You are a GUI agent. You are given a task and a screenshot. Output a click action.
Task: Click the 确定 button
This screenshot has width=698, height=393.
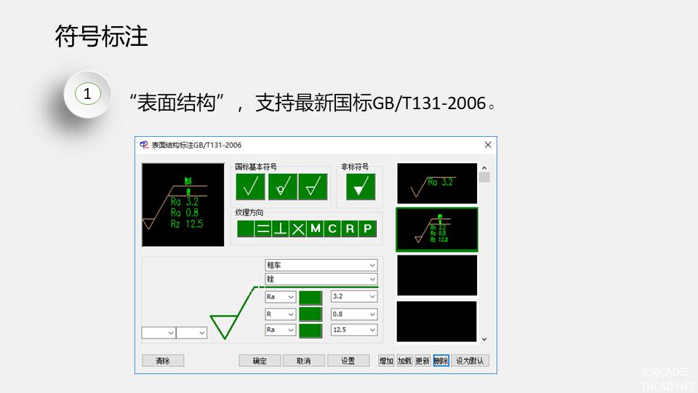coord(260,360)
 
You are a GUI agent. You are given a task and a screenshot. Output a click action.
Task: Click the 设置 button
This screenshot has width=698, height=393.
coord(348,360)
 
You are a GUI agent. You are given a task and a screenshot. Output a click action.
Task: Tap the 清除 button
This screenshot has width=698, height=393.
coord(163,360)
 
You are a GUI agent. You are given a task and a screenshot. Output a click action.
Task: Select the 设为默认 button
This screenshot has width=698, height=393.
coord(470,360)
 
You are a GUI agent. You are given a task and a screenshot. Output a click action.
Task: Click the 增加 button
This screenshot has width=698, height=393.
coord(385,360)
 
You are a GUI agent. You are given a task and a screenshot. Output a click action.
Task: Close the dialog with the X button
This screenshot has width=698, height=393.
coord(488,145)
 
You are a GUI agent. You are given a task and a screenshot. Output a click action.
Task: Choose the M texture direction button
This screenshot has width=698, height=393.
coord(315,229)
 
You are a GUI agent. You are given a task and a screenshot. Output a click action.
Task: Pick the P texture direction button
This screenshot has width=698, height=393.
coord(367,229)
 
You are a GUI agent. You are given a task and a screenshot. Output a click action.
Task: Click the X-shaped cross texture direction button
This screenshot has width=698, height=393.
coord(297,229)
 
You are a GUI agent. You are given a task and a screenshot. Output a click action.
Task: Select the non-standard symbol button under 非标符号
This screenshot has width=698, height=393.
coord(360,187)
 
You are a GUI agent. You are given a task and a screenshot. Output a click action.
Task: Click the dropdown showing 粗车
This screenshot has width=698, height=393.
coord(321,266)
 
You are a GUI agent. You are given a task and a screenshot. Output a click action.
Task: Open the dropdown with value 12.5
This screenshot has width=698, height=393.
coord(354,330)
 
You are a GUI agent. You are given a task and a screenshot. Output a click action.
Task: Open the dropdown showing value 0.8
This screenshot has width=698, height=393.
coord(354,314)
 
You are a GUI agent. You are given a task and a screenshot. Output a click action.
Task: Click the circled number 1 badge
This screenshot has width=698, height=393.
coord(87,94)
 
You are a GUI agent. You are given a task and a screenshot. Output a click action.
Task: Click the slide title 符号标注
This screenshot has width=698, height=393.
coord(101,36)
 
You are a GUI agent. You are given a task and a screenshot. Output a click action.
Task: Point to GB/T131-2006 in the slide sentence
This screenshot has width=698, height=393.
coord(428,103)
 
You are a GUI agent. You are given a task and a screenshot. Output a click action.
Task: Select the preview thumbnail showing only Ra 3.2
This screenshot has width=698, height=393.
coord(436,183)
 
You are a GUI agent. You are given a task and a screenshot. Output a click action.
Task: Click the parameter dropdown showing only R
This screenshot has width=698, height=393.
coord(280,314)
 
